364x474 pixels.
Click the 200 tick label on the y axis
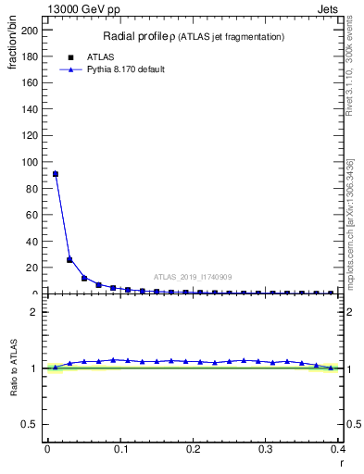31,30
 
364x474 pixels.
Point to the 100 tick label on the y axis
31,162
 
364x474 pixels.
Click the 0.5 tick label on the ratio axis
31,425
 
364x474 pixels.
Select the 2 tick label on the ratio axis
35,311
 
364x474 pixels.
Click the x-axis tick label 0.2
193,450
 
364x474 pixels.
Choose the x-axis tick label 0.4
338,450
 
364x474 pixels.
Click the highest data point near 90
56,174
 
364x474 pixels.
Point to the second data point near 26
69,259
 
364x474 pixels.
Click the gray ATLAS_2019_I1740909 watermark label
193,277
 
